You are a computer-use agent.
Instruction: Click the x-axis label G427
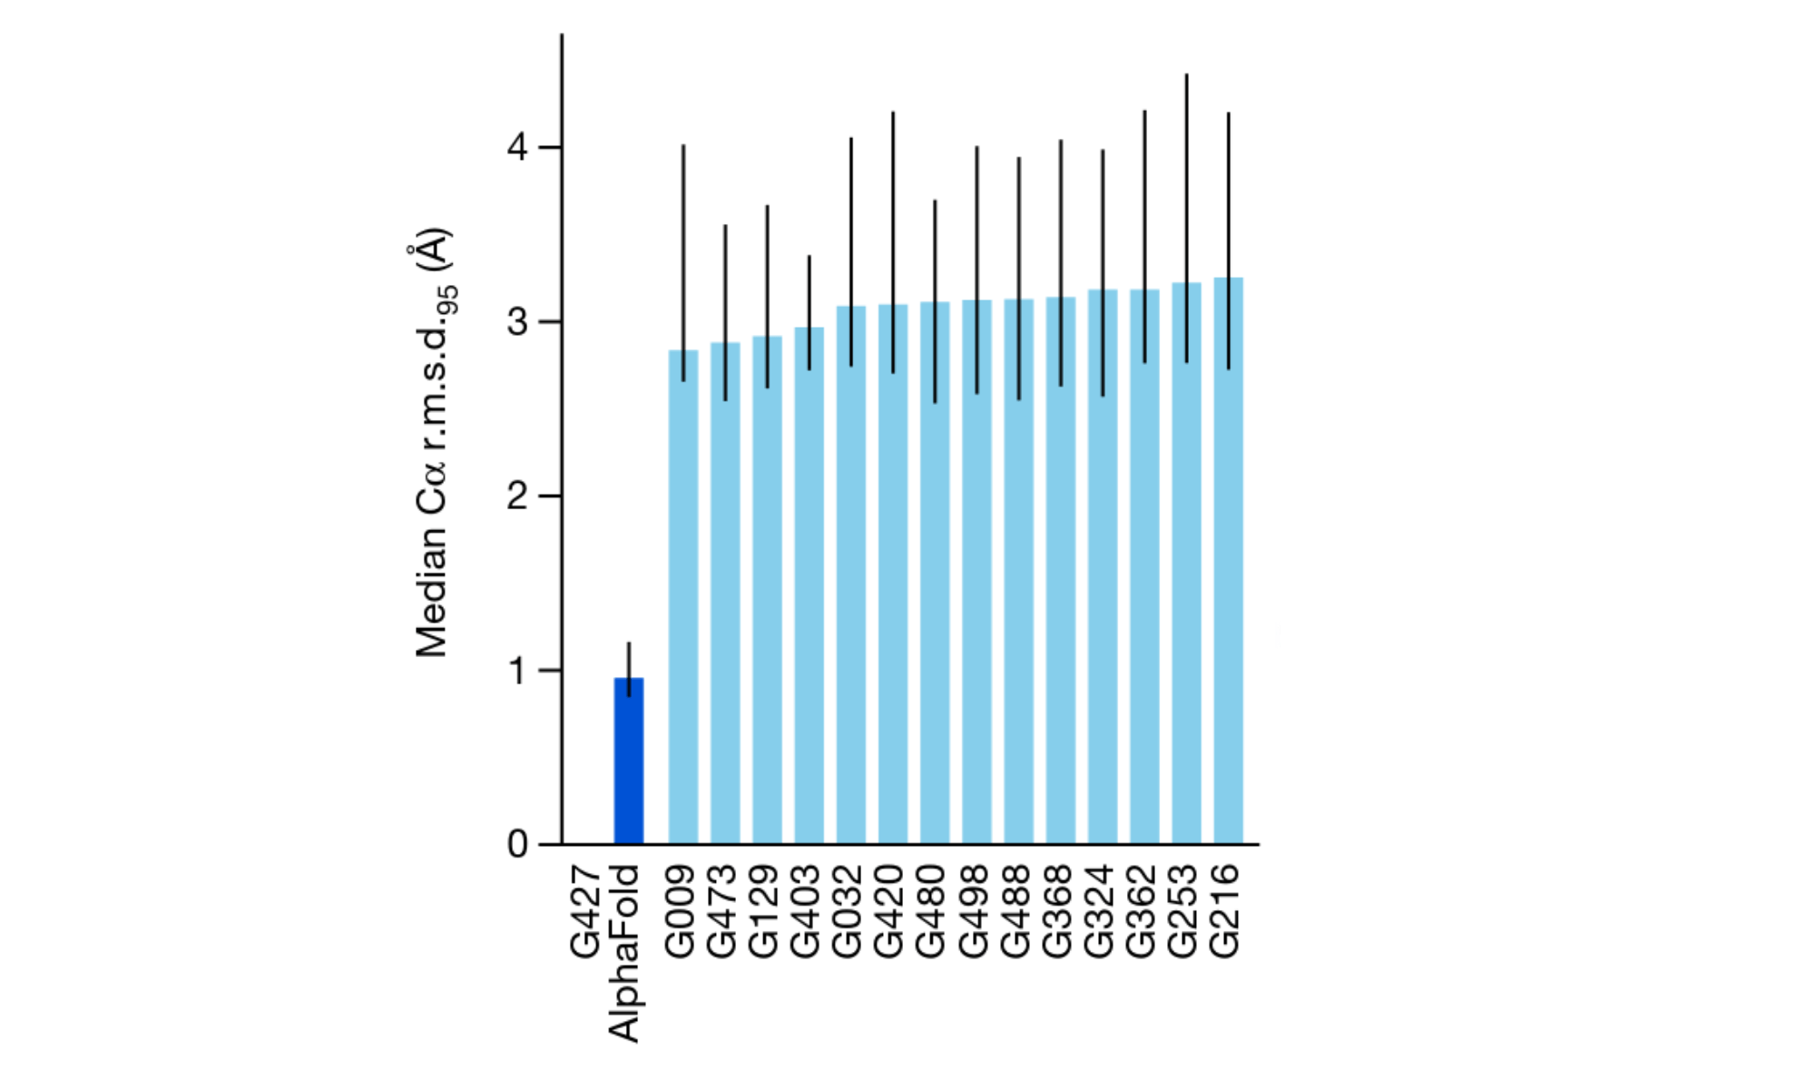pos(586,911)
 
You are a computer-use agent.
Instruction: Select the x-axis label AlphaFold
pos(624,953)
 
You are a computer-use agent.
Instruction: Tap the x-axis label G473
pos(721,911)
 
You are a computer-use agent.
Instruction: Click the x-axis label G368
pos(1057,911)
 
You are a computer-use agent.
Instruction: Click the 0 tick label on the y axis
pos(517,844)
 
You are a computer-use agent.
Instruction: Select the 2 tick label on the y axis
pos(517,496)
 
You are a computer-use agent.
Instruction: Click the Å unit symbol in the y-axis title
pos(434,247)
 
